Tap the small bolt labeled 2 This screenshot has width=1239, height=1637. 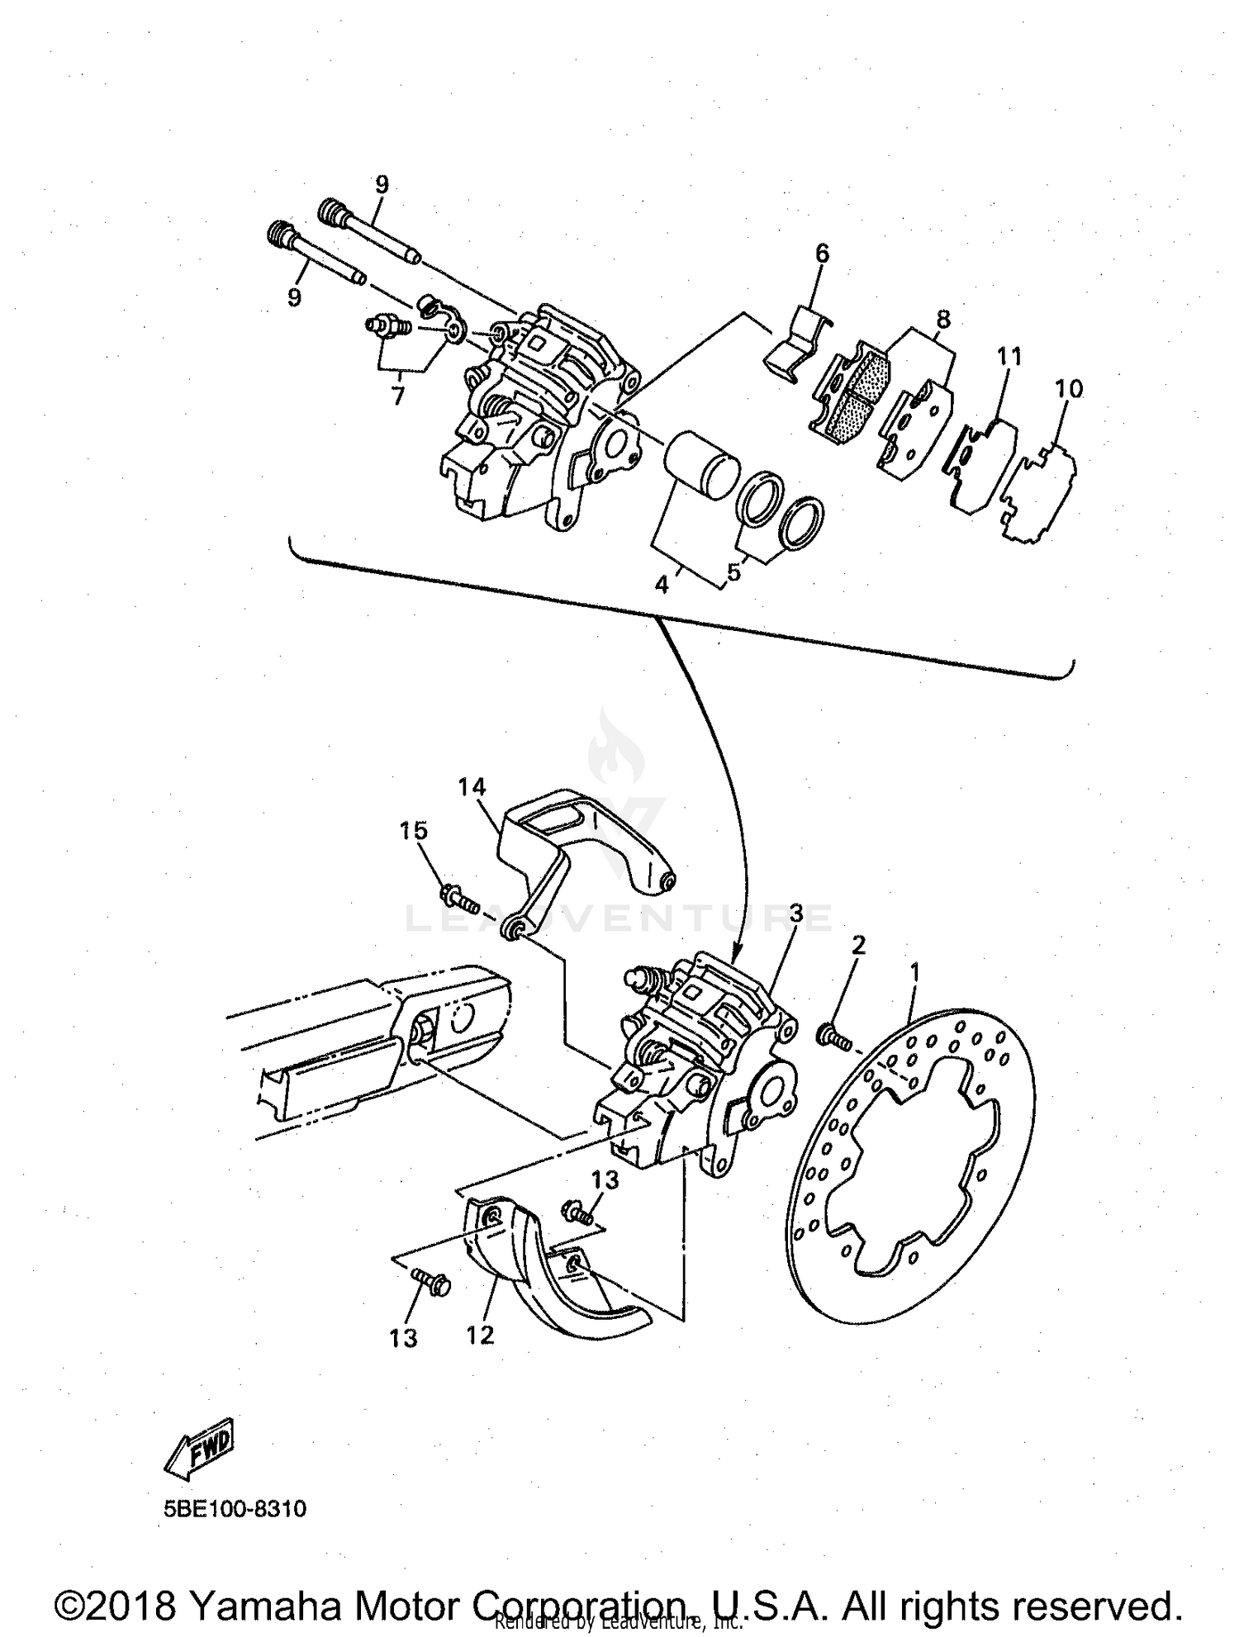pos(833,1036)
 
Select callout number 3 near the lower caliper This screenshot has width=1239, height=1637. pos(796,913)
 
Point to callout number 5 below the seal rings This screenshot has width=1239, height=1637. pos(734,572)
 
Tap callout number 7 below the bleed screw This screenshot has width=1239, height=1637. pos(398,396)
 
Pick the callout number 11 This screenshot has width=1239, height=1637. pos(1009,357)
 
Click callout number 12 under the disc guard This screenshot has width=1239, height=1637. pos(480,1334)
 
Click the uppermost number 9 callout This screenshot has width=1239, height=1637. pos(381,184)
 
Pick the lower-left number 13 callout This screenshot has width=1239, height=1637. pos(403,1338)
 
